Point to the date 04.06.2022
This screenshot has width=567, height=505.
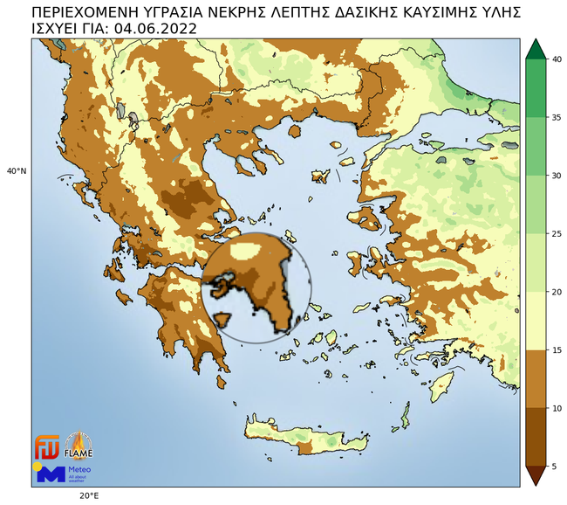click(x=156, y=28)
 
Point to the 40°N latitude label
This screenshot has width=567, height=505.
click(x=17, y=171)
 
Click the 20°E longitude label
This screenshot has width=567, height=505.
click(x=87, y=495)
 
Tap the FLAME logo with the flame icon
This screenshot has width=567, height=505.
click(x=79, y=446)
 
